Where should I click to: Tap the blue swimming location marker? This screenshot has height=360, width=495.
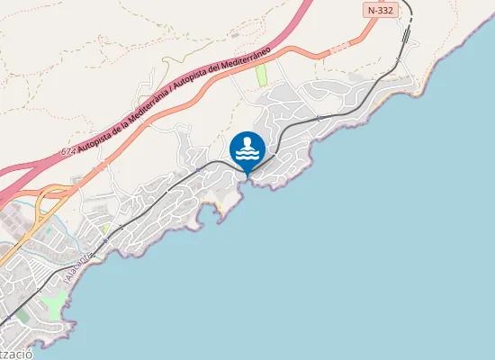click(247, 150)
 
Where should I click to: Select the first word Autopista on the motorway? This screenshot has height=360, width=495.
click(95, 139)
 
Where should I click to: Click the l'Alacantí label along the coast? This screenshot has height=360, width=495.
click(81, 267)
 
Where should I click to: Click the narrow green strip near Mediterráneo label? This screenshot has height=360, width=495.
click(263, 75)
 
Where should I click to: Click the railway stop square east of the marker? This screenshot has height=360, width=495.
click(319, 118)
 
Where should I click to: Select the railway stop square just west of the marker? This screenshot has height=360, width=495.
click(197, 170)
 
